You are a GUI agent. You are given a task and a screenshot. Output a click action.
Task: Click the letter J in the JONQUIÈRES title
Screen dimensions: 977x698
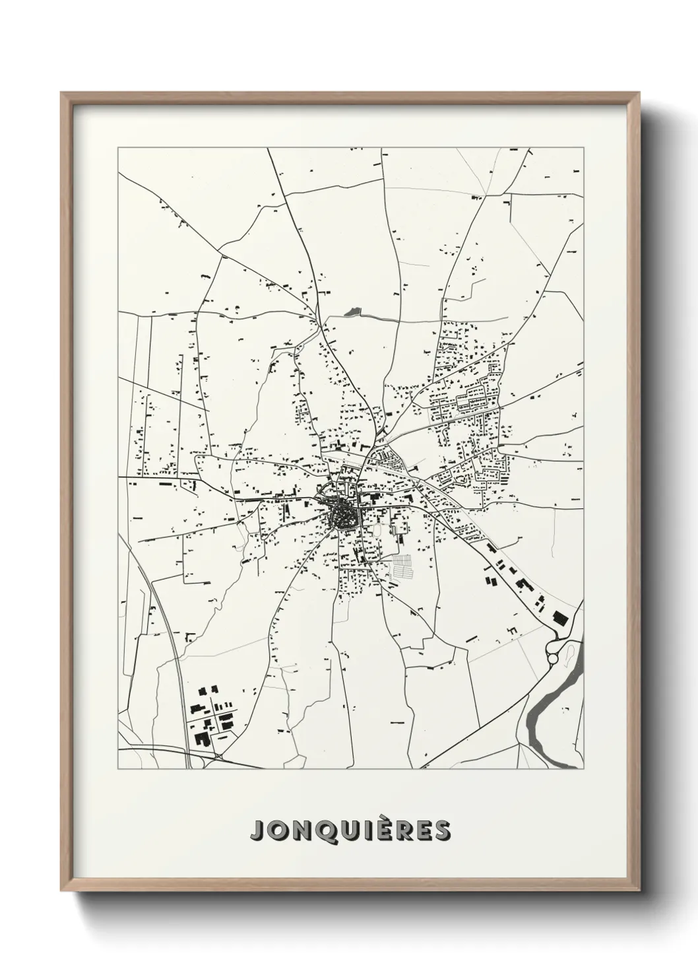(256, 832)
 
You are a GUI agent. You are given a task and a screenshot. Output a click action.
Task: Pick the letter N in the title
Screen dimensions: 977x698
(296, 832)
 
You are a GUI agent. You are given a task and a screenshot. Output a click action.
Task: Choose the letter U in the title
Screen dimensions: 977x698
(342, 832)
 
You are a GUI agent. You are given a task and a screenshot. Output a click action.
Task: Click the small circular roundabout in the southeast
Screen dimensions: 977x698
(553, 658)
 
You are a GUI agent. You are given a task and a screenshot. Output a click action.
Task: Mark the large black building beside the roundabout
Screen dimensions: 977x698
(560, 619)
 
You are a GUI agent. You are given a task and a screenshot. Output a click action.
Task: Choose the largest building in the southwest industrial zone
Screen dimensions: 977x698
(199, 737)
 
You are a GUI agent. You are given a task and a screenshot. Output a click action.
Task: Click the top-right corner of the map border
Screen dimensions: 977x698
(584, 148)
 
